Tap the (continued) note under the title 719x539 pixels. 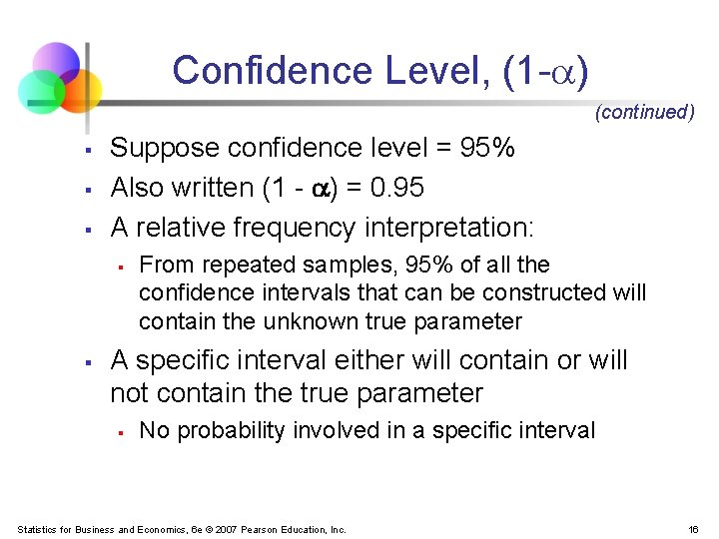point(644,112)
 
